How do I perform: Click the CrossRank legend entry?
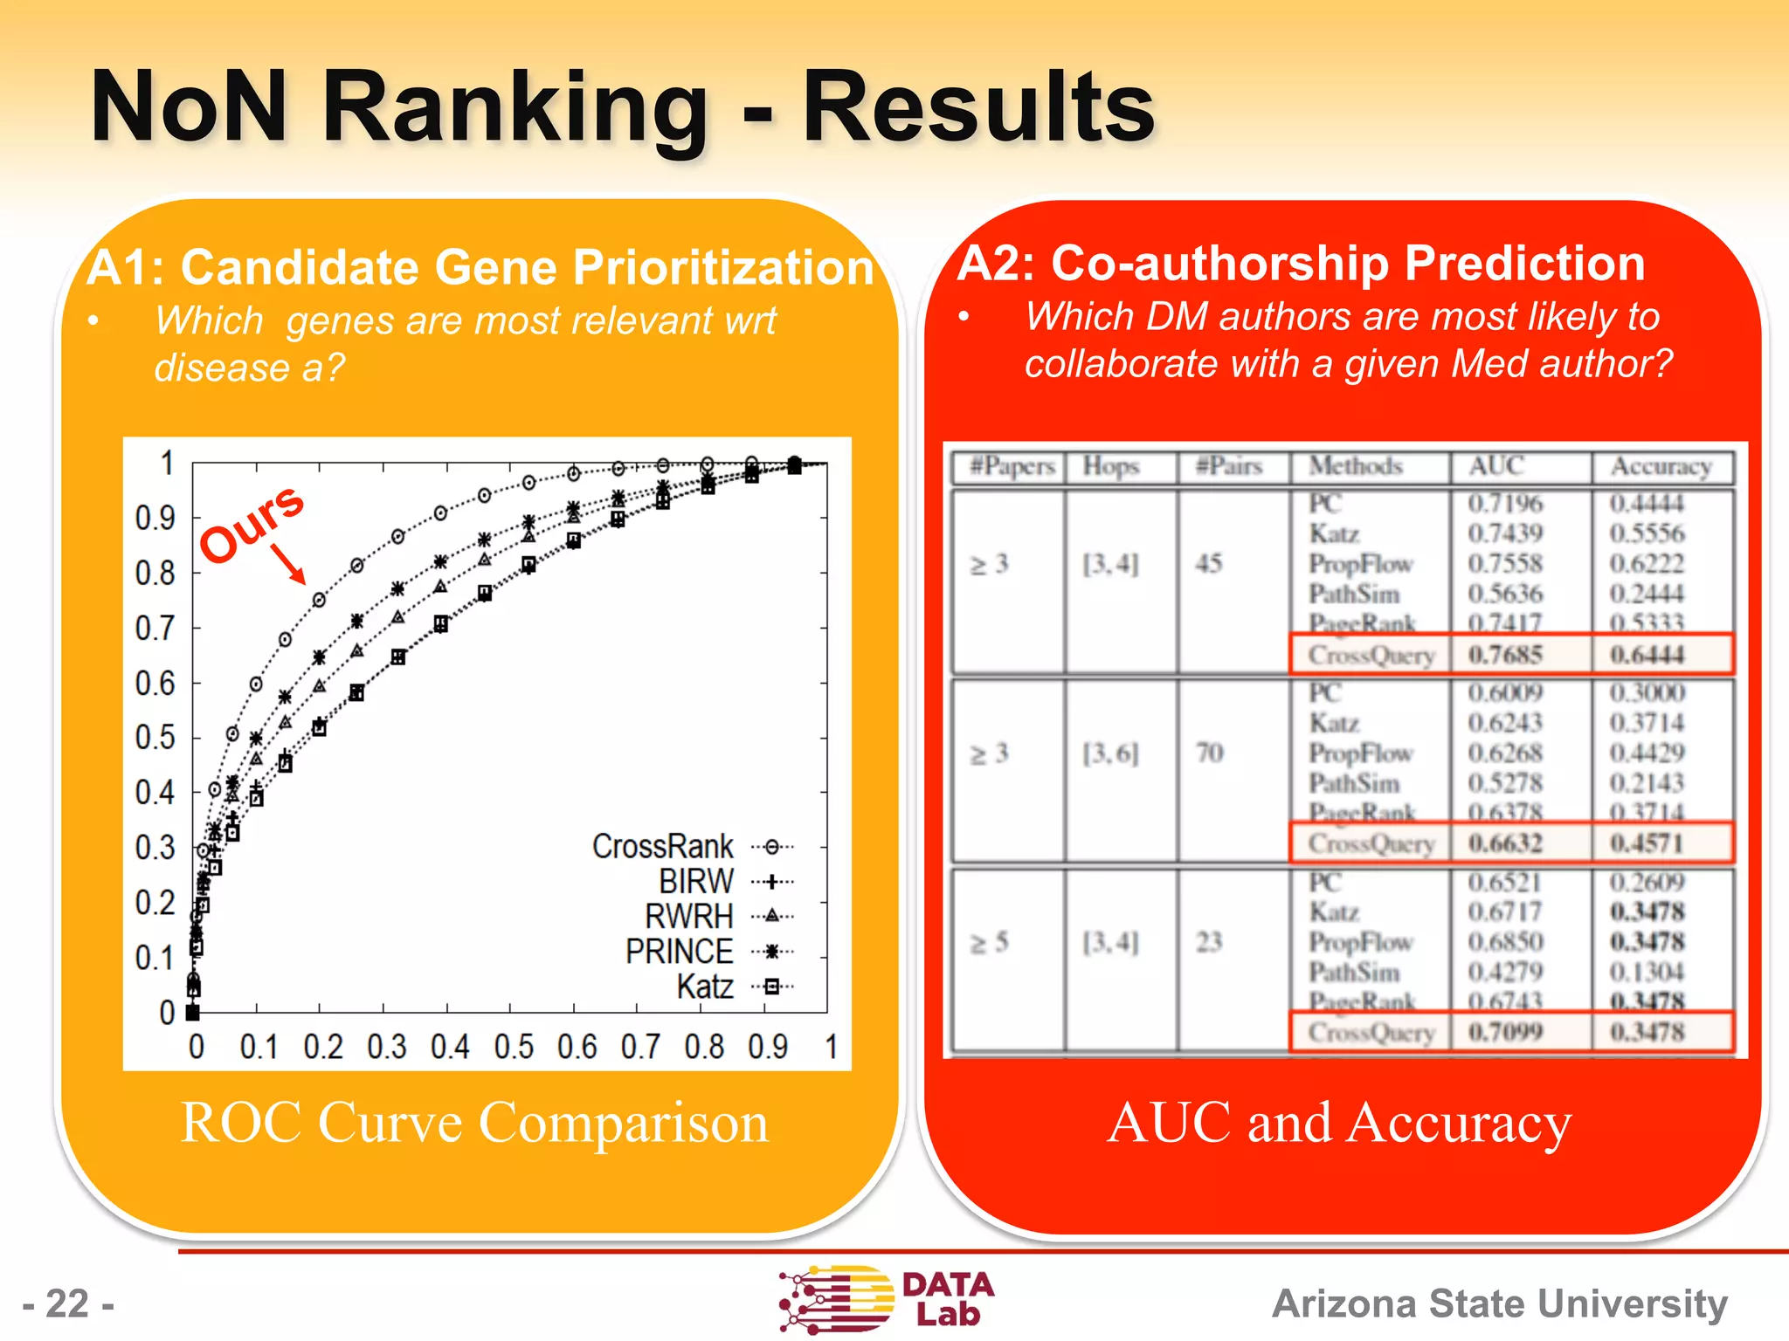[664, 846]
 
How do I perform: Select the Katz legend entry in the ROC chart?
[706, 987]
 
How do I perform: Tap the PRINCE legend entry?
[680, 951]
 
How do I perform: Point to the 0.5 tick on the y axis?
[155, 738]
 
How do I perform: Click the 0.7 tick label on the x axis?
[640, 1046]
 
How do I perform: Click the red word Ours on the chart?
[252, 523]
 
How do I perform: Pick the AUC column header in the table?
[1496, 466]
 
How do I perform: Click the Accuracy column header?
[1661, 466]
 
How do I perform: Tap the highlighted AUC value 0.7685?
[1505, 654]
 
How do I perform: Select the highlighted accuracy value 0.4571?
[1647, 842]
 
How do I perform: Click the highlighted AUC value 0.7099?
[1505, 1032]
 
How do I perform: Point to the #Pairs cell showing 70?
[1210, 753]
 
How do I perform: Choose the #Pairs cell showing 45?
[1209, 563]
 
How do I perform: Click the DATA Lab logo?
[887, 1299]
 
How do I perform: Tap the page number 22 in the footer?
[68, 1303]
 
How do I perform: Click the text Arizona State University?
[1500, 1303]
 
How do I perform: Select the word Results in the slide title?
[979, 107]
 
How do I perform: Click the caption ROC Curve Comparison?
[474, 1122]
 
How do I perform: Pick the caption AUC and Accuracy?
[1339, 1122]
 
